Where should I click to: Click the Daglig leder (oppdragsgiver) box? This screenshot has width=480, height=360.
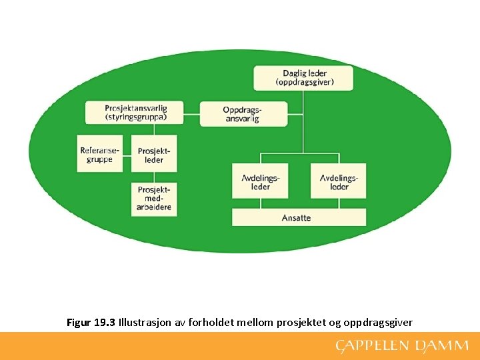pyautogui.click(x=303, y=77)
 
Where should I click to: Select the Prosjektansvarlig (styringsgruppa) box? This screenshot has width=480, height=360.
pyautogui.click(x=135, y=112)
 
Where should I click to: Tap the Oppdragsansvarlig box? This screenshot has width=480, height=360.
pyautogui.click(x=244, y=114)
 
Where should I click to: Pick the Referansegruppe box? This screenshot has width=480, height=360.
pyautogui.click(x=100, y=154)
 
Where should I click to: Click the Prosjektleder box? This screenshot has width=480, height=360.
pyautogui.click(x=155, y=155)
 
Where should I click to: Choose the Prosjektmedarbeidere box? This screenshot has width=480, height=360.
pyautogui.click(x=155, y=198)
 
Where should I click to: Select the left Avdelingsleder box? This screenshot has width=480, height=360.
pyautogui.click(x=260, y=181)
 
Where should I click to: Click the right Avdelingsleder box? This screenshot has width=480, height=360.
pyautogui.click(x=339, y=181)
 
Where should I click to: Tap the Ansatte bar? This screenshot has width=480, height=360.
pyautogui.click(x=299, y=217)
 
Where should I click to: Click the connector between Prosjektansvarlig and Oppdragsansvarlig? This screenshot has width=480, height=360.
pyautogui.click(x=193, y=114)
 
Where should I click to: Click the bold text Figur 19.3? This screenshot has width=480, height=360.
pyautogui.click(x=91, y=323)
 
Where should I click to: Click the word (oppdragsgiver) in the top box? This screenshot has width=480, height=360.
pyautogui.click(x=304, y=83)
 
